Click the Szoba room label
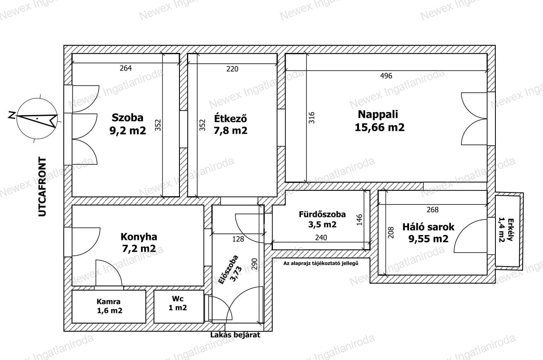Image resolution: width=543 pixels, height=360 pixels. (127, 118)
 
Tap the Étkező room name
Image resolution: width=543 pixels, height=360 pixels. (230, 118)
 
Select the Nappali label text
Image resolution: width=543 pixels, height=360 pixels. (378, 115)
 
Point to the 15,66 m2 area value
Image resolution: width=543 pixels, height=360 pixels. (380, 127)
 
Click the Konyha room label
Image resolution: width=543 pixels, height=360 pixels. (139, 237)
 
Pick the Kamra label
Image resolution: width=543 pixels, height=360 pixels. (108, 302)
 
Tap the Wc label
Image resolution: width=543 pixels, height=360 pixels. (178, 299)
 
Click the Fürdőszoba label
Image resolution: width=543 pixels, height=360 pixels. (322, 214)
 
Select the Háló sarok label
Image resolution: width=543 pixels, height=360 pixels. (428, 227)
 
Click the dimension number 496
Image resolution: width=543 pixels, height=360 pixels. (386, 76)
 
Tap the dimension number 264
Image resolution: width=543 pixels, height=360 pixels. (126, 68)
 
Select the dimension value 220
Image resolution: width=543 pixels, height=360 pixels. (232, 69)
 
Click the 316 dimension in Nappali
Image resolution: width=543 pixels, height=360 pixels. (312, 118)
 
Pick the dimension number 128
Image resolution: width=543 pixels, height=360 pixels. (238, 239)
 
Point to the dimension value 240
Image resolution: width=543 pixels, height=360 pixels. (321, 238)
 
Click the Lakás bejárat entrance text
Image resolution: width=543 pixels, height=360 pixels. (235, 335)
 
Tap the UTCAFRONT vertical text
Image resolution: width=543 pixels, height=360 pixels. (42, 187)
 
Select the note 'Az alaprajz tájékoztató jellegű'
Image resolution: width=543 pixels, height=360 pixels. (321, 263)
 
